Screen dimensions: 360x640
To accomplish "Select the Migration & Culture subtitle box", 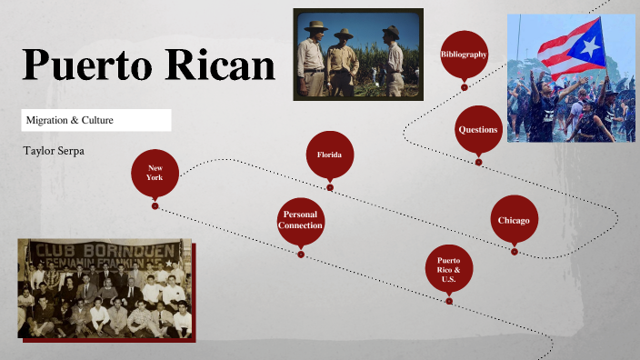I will pos(96,120).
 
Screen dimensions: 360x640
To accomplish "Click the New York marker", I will pos(155,172).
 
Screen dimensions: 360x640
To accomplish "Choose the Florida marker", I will pos(329,155).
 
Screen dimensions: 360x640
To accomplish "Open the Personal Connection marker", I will pos(300,220).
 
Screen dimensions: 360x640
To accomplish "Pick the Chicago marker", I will pos(514,220).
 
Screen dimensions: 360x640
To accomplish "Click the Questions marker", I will pos(478,130).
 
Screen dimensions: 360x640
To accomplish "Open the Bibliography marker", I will pos(464,55).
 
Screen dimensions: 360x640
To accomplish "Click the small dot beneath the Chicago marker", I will pos(514,252).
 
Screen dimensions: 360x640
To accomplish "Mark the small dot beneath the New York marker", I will pos(155,205).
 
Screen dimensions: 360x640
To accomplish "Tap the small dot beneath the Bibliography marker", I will pos(464,87).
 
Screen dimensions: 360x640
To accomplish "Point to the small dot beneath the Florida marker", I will pos(330,188).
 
